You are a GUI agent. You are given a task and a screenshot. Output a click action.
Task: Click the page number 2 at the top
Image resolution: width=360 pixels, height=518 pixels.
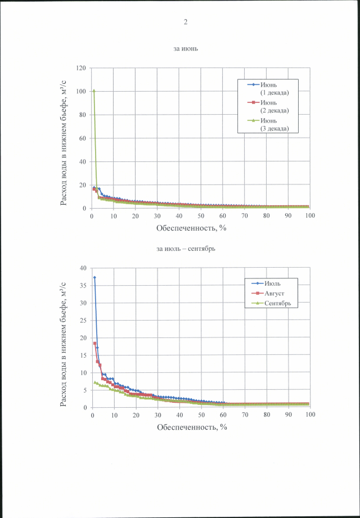[x=185, y=22]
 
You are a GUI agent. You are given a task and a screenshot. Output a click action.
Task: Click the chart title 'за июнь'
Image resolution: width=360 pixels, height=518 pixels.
[x=185, y=49]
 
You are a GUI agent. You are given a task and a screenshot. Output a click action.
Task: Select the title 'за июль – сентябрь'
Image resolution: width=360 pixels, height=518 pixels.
[x=185, y=247]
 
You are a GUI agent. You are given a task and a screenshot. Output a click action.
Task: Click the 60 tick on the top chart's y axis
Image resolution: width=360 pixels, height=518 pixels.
[x=82, y=138]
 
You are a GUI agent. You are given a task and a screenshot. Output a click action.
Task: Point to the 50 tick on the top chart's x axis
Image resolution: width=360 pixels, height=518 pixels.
[x=201, y=216]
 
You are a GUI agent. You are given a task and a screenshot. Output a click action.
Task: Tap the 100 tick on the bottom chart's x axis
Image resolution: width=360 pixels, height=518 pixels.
[x=310, y=415]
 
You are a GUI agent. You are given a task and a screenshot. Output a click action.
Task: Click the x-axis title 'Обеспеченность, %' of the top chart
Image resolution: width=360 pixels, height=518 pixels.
[x=192, y=228]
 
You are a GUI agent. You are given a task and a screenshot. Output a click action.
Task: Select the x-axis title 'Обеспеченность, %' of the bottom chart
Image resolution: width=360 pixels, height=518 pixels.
[x=192, y=427]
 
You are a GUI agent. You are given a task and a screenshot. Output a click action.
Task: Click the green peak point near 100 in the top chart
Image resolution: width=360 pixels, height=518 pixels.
[x=94, y=91]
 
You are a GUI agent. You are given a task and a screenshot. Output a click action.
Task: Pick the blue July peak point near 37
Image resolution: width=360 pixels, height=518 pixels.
[x=94, y=277]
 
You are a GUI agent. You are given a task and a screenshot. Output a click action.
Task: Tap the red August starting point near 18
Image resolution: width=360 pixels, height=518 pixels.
[x=95, y=343]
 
